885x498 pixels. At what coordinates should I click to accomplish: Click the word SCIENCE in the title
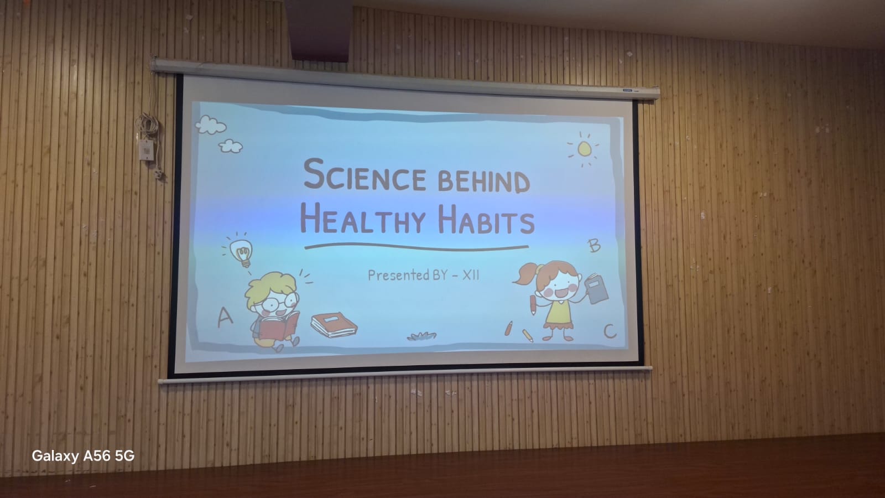pos(365,175)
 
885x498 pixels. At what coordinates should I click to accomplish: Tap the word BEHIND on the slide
pos(484,182)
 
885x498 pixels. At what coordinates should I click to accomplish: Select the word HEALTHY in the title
pos(363,219)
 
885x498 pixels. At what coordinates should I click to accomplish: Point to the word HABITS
pos(486,220)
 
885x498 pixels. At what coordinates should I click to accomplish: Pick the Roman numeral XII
pos(471,274)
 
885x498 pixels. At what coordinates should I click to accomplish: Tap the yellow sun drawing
pos(584,149)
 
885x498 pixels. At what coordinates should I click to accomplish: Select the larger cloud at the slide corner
pos(211,124)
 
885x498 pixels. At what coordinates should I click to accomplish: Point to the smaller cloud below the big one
pos(231,146)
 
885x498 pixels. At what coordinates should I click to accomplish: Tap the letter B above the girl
pos(594,246)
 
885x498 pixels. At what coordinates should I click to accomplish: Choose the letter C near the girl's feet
pos(610,331)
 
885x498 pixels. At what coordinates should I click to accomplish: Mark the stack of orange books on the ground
pos(334,325)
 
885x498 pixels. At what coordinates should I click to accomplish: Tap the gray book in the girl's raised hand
pos(596,289)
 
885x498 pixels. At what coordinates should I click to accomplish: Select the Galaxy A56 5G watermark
pos(83,456)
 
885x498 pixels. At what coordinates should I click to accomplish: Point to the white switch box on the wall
pos(146,150)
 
